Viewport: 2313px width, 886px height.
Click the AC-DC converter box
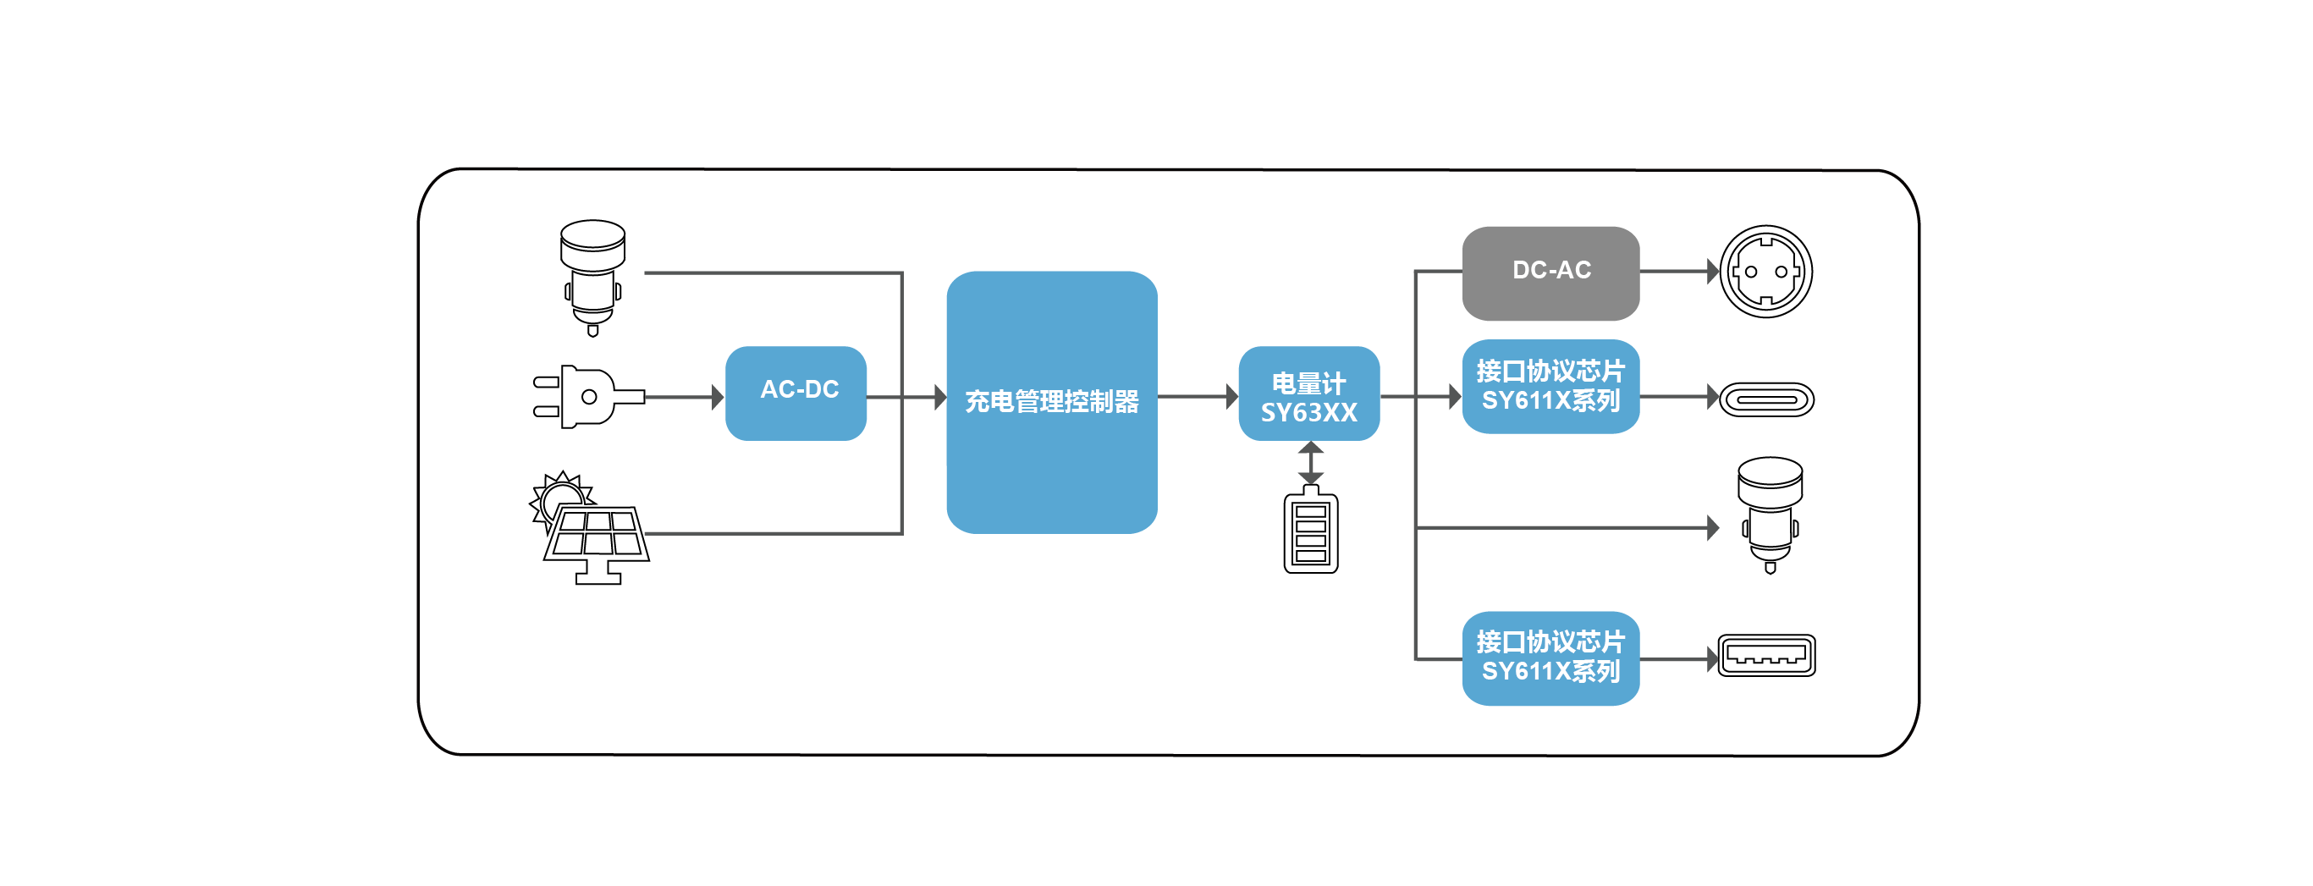[x=796, y=393]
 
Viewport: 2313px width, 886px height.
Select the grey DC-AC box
[x=1550, y=272]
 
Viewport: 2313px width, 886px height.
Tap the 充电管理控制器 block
[x=1050, y=401]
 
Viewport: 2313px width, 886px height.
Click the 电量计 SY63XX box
[x=1308, y=394]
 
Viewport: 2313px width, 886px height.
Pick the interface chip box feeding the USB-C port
[x=1550, y=386]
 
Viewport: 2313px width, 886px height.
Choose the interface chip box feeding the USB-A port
[x=1550, y=657]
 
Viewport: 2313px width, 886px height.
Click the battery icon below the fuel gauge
[x=1310, y=531]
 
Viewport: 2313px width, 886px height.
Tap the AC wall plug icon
[x=584, y=396]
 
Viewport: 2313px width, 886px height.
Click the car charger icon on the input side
[x=592, y=276]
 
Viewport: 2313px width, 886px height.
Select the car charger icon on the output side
[x=1769, y=514]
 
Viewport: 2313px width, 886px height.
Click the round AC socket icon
[x=1765, y=271]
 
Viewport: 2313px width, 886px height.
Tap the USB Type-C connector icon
[x=1766, y=399]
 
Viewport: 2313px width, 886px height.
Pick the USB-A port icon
[x=1765, y=654]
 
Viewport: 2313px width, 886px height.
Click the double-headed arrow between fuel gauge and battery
[x=1310, y=462]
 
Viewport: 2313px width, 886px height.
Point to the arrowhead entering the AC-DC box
[x=718, y=396]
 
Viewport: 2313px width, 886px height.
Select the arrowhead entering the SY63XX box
[x=1232, y=396]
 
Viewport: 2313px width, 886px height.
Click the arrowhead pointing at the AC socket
[x=1712, y=270]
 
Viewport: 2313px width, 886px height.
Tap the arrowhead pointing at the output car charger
[x=1712, y=527]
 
